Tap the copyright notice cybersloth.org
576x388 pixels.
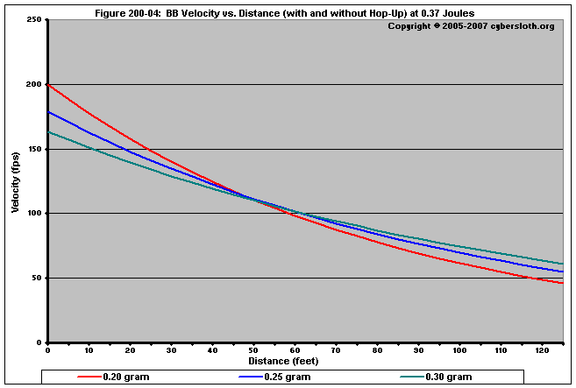(471, 25)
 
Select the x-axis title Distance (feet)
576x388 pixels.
(283, 361)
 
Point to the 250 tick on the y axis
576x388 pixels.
(34, 19)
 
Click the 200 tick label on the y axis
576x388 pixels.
(34, 84)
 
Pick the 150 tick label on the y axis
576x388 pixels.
(34, 149)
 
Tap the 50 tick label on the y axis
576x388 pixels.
(37, 279)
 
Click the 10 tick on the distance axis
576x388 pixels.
(89, 350)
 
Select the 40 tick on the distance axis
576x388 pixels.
(213, 350)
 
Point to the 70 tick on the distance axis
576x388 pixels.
(337, 350)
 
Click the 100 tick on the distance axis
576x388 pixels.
(460, 350)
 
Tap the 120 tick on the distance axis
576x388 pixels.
(543, 350)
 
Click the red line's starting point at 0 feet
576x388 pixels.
(48, 84)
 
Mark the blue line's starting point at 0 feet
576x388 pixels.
(48, 111)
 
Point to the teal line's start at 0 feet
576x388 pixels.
(48, 131)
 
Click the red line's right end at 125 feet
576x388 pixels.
(563, 283)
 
